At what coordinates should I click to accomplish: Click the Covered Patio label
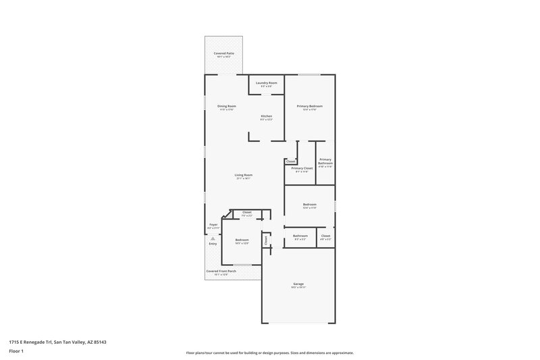coord(225,53)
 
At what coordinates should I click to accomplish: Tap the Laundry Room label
coord(267,82)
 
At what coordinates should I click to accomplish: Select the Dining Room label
coord(226,106)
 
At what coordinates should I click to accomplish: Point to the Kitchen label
coord(267,116)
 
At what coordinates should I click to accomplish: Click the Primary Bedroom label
coord(310,106)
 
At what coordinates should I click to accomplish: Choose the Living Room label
coord(243,175)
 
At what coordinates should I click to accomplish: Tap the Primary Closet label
coord(300,168)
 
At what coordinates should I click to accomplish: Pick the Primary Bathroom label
coord(325,161)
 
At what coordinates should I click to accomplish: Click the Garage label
coord(298,284)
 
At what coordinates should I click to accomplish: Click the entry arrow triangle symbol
coord(213,238)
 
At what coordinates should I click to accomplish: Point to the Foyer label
coord(213,224)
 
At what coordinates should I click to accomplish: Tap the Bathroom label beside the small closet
coord(300,236)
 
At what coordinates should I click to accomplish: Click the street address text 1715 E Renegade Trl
coord(57,342)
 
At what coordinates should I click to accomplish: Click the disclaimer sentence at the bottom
coord(270,353)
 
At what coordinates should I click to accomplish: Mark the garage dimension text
coord(298,288)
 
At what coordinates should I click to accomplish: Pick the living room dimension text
coord(243,179)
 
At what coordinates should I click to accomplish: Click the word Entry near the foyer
coord(213,244)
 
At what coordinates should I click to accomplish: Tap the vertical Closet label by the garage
coord(267,240)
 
